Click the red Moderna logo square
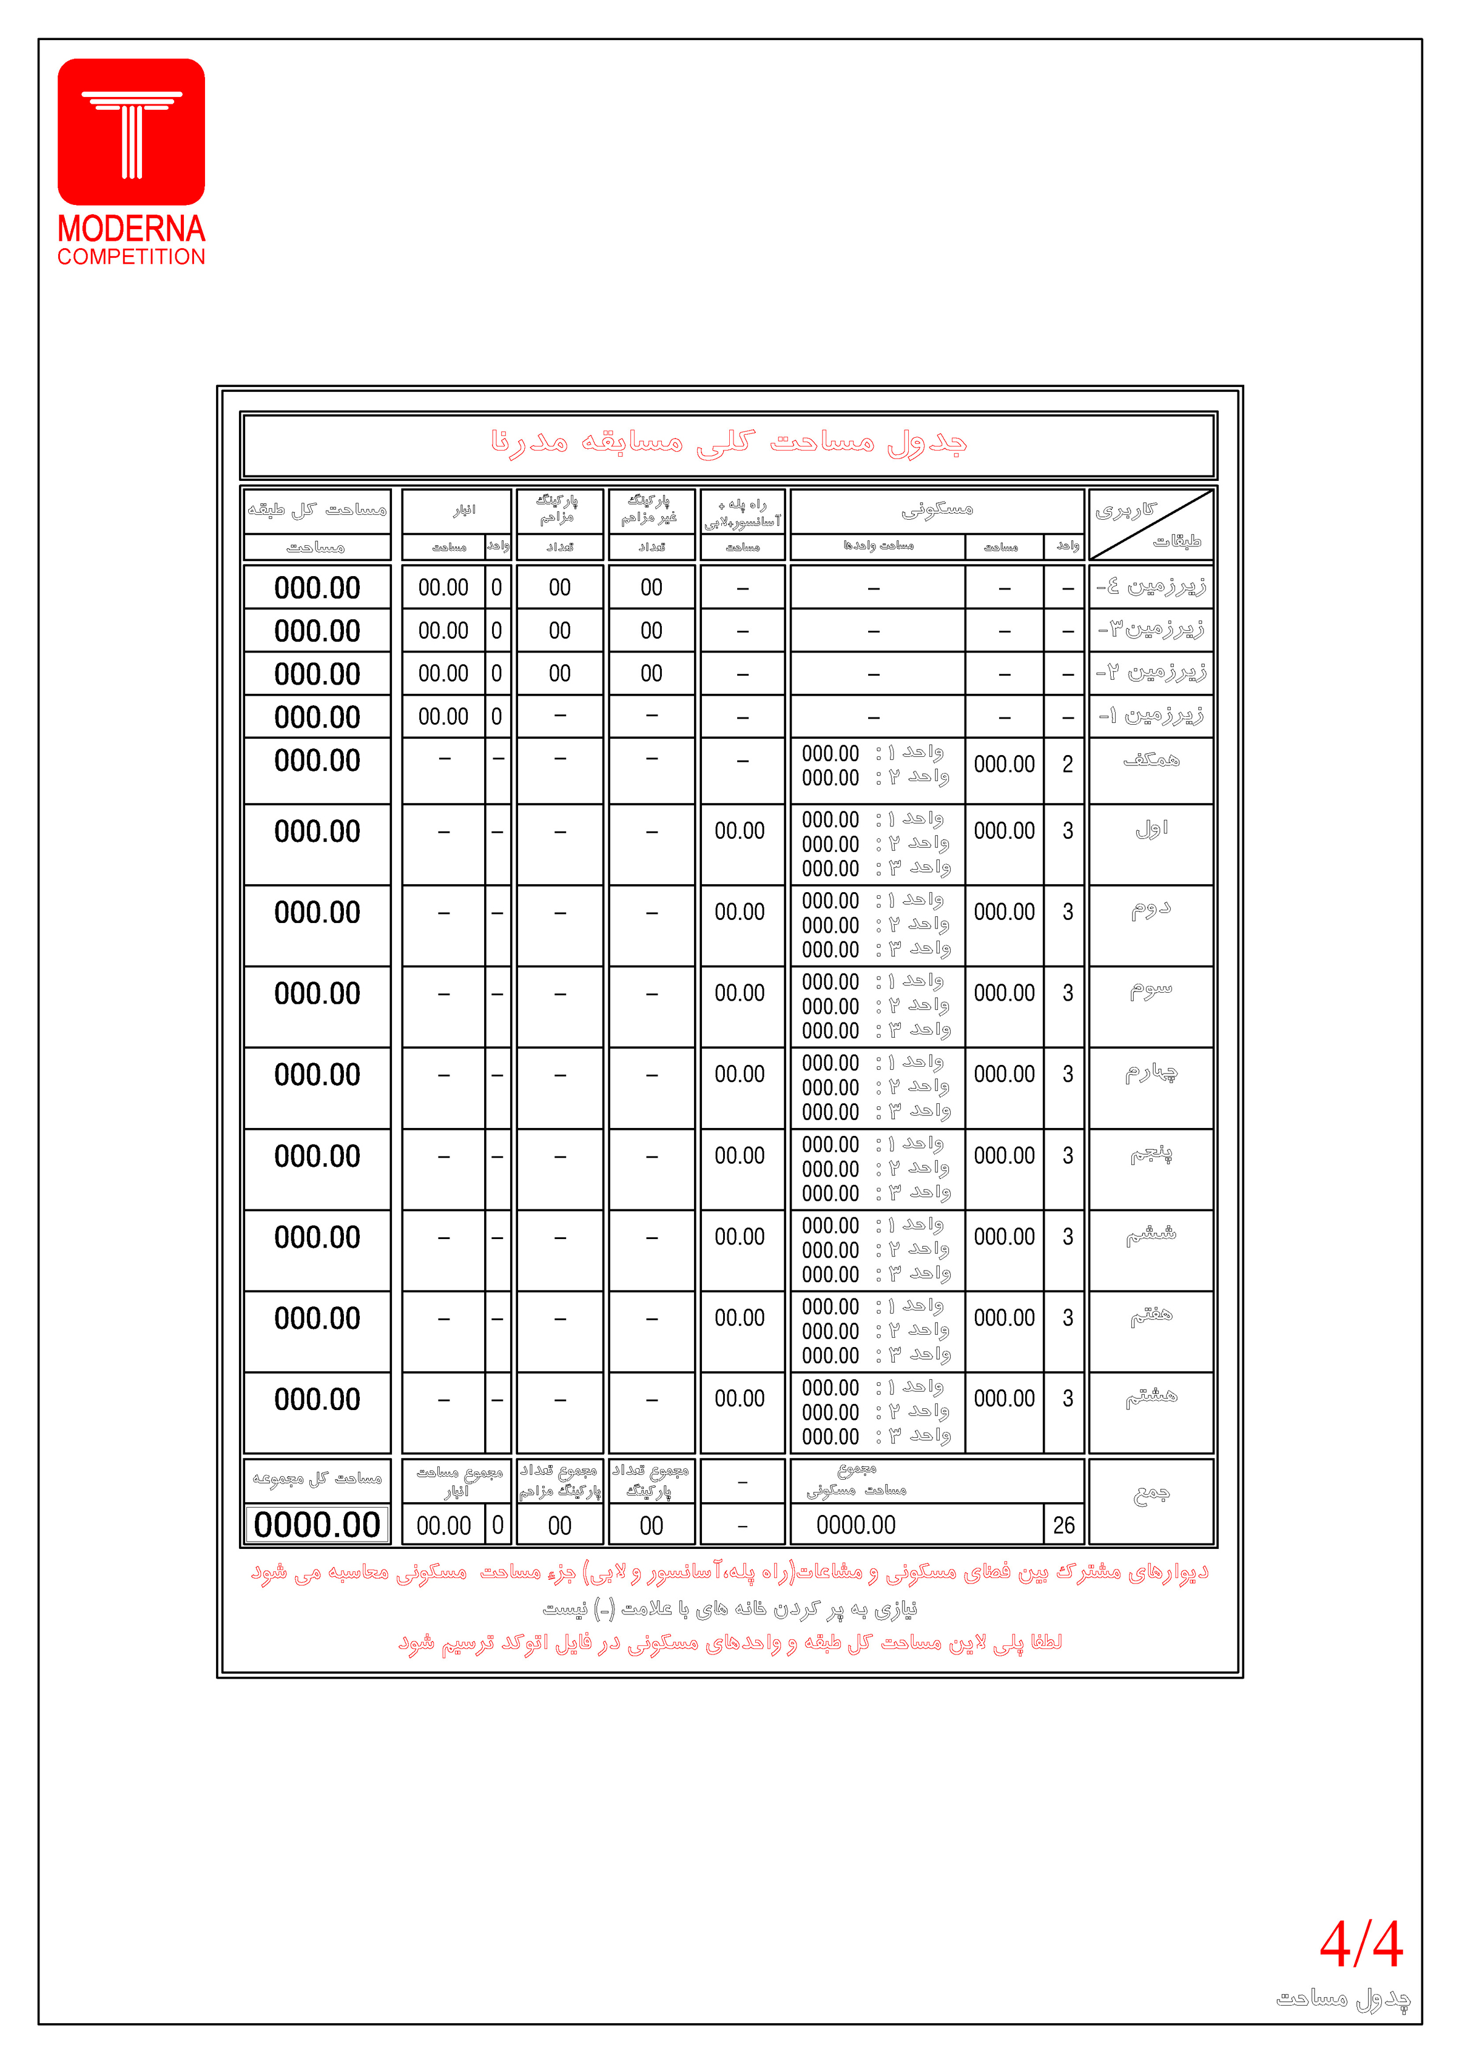[131, 132]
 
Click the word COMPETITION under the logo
[131, 257]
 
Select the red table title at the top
[728, 443]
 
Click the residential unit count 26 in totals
[1063, 1525]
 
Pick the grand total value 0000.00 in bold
[317, 1525]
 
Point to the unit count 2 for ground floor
[1067, 764]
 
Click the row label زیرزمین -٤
[1151, 587]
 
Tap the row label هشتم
[1151, 1397]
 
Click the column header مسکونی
[937, 510]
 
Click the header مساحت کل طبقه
[317, 510]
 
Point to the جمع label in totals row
[1151, 1494]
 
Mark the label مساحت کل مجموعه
[317, 1478]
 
